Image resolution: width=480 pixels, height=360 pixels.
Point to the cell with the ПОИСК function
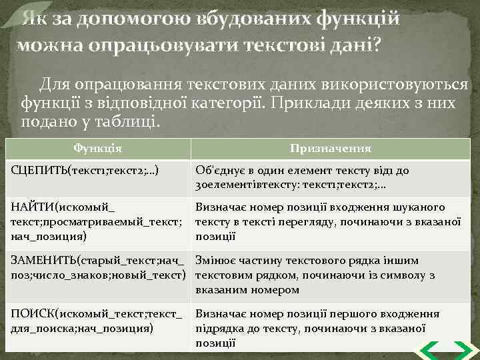(x=99, y=320)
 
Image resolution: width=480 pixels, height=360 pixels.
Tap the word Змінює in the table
(x=216, y=260)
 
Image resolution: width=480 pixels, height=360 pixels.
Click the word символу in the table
(x=397, y=275)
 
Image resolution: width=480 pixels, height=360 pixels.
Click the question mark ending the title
(x=379, y=45)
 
